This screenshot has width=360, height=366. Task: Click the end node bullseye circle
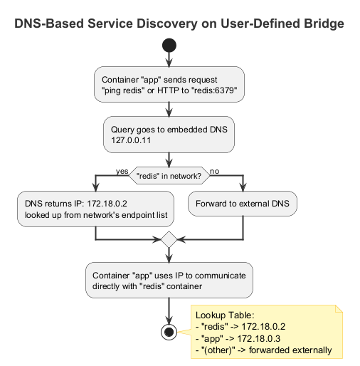tap(169, 332)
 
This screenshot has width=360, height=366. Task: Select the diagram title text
tap(179, 23)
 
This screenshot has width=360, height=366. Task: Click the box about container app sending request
tap(169, 85)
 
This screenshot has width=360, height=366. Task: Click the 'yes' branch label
tap(121, 172)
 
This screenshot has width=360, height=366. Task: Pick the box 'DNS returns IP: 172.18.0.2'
tap(95, 208)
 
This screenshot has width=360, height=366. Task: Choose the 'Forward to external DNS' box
tap(243, 202)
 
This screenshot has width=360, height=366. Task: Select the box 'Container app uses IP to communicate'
tap(169, 280)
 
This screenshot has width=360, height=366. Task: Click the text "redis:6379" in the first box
tap(211, 91)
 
